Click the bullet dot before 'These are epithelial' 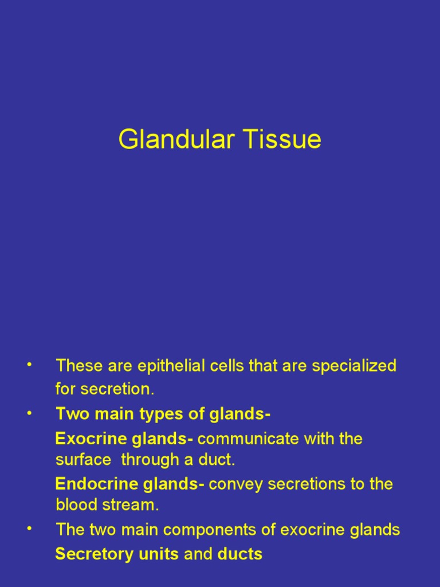click(x=29, y=365)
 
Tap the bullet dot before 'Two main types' click(x=29, y=413)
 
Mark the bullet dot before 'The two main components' click(x=29, y=529)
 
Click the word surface click(x=82, y=460)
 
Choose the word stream click(x=131, y=505)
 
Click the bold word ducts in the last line click(x=240, y=554)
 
